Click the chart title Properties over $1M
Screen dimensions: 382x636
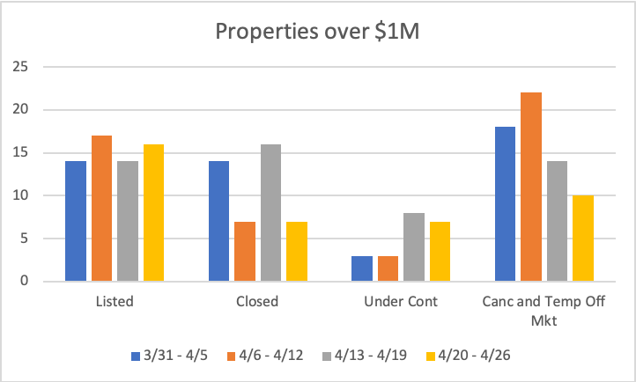click(317, 34)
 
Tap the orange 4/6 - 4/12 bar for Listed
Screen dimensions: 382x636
click(101, 209)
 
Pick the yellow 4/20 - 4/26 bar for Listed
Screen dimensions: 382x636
click(153, 213)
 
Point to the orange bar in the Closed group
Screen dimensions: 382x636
click(245, 252)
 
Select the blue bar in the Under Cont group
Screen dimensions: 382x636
click(362, 268)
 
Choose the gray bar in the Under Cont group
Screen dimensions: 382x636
click(414, 247)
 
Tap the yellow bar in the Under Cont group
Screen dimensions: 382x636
click(440, 252)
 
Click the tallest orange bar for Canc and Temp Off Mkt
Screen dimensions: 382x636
click(531, 187)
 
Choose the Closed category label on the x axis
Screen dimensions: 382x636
click(257, 302)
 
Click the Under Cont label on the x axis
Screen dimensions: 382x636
click(401, 302)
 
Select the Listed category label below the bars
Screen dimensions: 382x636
click(115, 302)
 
